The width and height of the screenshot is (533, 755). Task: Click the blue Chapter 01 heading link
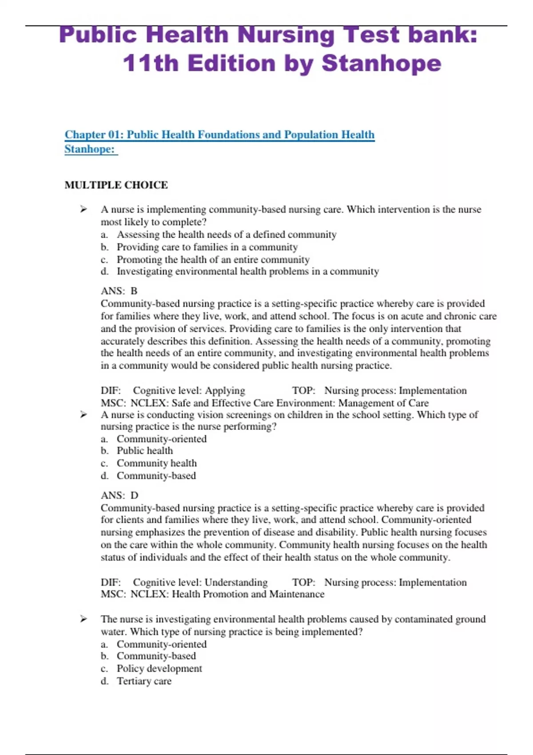click(x=219, y=135)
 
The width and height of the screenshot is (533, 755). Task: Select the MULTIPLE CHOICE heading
click(x=116, y=185)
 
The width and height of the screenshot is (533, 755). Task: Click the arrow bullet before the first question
click(x=84, y=209)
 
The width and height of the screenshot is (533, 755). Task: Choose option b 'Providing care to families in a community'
click(x=207, y=247)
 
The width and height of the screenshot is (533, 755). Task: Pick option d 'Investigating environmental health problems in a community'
click(x=247, y=271)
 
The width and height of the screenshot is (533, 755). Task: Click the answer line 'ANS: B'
click(x=119, y=291)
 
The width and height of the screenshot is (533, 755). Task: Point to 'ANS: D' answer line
click(x=119, y=495)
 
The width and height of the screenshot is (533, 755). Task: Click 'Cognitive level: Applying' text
click(x=189, y=390)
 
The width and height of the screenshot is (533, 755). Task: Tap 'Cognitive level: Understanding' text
click(x=200, y=582)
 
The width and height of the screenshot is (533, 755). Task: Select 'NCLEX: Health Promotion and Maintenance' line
click(x=227, y=594)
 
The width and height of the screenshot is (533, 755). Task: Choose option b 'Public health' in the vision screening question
click(x=144, y=451)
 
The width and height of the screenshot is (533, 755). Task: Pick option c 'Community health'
click(x=156, y=463)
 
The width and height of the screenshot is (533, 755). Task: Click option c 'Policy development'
click(x=159, y=668)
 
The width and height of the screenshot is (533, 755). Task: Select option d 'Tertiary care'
click(x=144, y=681)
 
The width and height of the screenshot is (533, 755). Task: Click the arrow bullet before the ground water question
click(x=84, y=619)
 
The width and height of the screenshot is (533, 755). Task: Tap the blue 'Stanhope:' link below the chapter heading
click(x=90, y=149)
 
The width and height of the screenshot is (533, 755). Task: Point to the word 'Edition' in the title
click(x=231, y=63)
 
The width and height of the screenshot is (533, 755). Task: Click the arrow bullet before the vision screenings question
click(x=84, y=414)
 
